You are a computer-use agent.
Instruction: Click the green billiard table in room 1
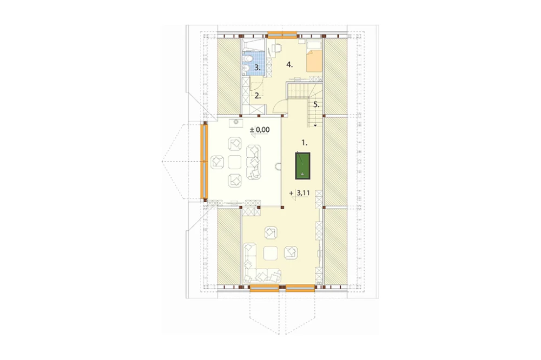coord(302,166)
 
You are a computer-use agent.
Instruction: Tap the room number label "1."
coord(304,142)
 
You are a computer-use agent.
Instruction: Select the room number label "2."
coord(258,96)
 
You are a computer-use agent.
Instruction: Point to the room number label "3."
coord(258,68)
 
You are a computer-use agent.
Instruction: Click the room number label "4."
coord(289,64)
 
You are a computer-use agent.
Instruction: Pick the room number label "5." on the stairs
coord(316,105)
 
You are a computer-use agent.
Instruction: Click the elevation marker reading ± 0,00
coord(260,130)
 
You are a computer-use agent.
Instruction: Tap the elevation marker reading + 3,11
coord(300,193)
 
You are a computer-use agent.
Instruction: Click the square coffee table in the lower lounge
coord(270,254)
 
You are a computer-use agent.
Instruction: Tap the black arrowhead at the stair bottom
coord(315,125)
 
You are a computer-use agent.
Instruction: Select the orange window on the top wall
coord(282,34)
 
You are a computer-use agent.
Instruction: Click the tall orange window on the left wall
coord(204,162)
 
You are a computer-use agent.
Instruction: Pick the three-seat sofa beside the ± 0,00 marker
coord(254,162)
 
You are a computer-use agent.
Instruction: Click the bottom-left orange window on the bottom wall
coord(265,288)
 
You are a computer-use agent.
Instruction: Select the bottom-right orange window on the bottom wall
coord(300,288)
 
